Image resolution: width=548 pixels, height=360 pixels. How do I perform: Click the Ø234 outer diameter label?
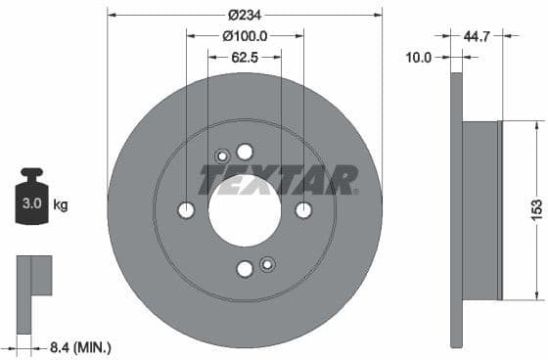245,15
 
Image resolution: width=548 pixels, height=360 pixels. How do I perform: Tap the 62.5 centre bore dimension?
245,57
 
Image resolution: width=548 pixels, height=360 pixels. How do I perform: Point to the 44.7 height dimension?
476,36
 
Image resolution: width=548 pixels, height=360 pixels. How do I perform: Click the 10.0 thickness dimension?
418,58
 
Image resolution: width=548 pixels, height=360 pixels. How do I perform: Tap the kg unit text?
61,205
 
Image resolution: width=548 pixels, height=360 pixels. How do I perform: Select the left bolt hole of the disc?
186,210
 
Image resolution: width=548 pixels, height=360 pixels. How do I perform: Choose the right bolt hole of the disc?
303,210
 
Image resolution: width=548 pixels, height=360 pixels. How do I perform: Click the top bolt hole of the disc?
245,151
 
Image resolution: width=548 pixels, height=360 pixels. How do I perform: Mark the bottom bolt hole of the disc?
245,269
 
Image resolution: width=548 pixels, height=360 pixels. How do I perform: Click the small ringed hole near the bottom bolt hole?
267,263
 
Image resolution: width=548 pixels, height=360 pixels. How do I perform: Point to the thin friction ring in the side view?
455,209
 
